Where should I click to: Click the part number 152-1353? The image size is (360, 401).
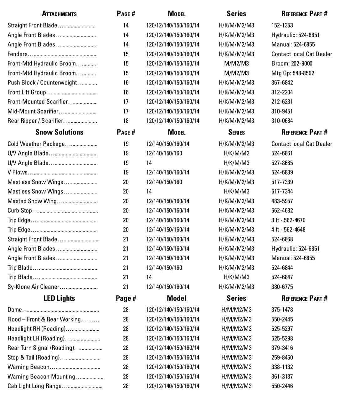[x=282, y=25]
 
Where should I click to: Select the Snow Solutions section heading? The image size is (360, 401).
[x=59, y=132]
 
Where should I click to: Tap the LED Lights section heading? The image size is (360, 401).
[x=59, y=298]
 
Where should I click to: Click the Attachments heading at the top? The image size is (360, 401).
[x=59, y=14]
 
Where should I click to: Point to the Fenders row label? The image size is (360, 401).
[x=18, y=54]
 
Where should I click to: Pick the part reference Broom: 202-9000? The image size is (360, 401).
[x=292, y=63]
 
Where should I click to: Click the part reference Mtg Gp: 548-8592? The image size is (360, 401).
[x=293, y=73]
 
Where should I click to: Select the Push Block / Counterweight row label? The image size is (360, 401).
[x=42, y=83]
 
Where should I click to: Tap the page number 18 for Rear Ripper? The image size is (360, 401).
[x=126, y=121]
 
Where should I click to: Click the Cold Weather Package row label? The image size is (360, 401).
[x=36, y=144]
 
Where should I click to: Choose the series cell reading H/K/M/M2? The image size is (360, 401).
[x=236, y=153]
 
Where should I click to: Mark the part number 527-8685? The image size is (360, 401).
[x=282, y=163]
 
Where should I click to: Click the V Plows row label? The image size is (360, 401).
[x=18, y=172]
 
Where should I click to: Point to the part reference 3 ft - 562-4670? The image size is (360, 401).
[x=288, y=220]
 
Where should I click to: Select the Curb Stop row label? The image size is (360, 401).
[x=20, y=211]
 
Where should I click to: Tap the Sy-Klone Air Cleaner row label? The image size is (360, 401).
[x=33, y=287]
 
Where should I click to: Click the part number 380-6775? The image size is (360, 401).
[x=282, y=287]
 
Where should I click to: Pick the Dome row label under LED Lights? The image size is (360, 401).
[x=15, y=310]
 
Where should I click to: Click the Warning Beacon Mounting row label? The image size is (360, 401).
[x=41, y=377]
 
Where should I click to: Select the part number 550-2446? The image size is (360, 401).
[x=282, y=386]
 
